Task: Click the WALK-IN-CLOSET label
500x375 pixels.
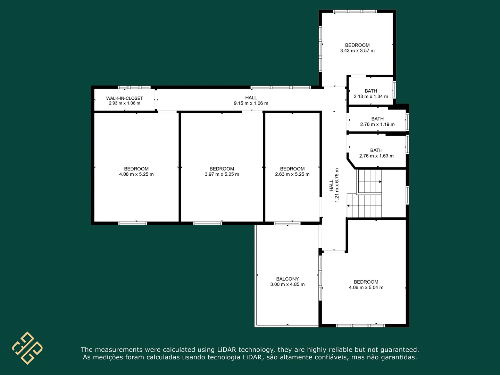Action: click(124, 98)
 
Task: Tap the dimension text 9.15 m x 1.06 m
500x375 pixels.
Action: click(251, 103)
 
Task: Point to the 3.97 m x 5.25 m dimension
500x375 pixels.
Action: click(222, 174)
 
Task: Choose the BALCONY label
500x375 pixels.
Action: click(287, 279)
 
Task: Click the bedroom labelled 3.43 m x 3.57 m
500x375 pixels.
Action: click(357, 45)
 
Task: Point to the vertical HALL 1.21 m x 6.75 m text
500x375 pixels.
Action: click(334, 185)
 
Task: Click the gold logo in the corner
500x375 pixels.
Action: click(27, 348)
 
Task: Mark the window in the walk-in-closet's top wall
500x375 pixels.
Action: click(134, 87)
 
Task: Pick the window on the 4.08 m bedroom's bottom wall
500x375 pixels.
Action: click(133, 223)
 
